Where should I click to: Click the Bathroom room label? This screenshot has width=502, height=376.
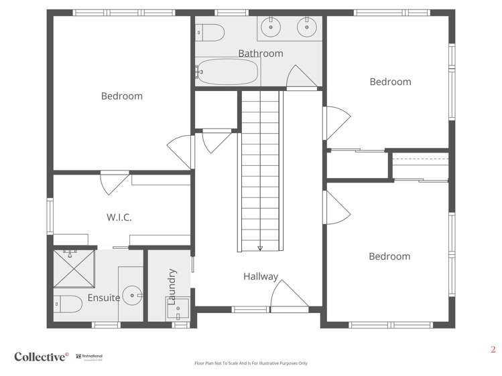261,54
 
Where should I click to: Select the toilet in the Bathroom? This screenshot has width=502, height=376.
210,31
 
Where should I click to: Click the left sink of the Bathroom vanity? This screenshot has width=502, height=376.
272,27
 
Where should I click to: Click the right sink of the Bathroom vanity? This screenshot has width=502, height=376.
308,27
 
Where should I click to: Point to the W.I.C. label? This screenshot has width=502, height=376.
119,217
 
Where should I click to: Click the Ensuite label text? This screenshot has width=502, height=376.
104,298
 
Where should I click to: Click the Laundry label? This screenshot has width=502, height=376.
172,287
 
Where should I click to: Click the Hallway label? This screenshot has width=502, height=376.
261,276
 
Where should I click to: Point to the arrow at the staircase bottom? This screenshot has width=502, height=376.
259,248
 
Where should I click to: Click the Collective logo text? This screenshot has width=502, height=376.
42,357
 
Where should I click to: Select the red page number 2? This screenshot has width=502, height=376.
493,349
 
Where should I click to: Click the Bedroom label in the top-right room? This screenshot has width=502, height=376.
390,82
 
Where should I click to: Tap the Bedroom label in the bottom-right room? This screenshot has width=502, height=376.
389,256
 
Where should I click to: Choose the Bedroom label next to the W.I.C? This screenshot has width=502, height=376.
122,96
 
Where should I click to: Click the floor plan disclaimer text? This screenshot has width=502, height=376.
251,363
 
